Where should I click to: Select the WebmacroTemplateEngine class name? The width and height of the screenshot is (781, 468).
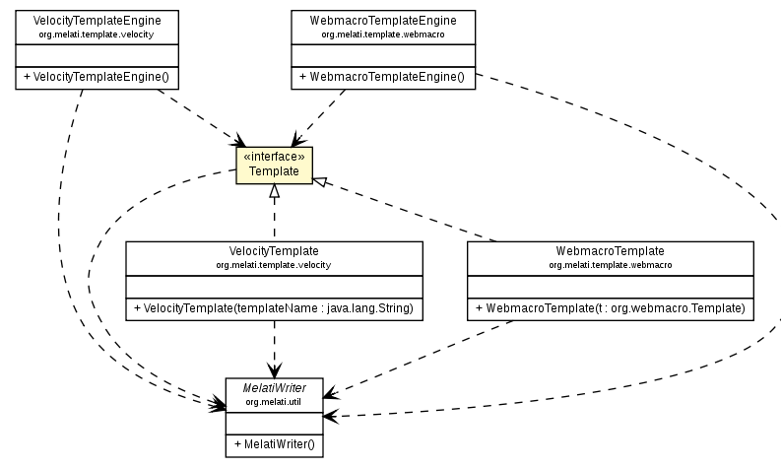tap(383, 20)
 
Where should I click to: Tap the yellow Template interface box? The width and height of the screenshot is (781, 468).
tap(273, 165)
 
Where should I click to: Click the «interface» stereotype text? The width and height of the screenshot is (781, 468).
tap(273, 157)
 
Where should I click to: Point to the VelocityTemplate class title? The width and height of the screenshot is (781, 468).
tap(274, 251)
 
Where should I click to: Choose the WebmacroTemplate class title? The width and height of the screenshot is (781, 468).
tap(610, 251)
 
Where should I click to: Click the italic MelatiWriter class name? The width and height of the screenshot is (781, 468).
tap(274, 388)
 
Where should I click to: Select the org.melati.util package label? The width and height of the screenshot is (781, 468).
tap(274, 401)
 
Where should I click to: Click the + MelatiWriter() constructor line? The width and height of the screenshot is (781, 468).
tap(274, 444)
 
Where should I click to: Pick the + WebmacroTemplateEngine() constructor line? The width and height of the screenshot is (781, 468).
tap(383, 77)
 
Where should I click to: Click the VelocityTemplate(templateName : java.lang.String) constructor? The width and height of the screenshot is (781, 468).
tap(274, 309)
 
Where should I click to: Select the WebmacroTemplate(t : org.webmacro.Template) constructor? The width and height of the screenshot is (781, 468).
tap(610, 309)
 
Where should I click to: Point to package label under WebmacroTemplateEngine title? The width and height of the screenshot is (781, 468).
tap(383, 33)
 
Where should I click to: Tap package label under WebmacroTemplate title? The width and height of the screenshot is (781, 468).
tap(610, 265)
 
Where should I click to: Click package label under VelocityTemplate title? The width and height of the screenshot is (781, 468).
tap(274, 265)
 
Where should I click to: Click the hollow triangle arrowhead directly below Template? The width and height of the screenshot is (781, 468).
tap(274, 190)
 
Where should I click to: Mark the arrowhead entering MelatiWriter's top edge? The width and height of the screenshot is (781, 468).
tap(274, 370)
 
